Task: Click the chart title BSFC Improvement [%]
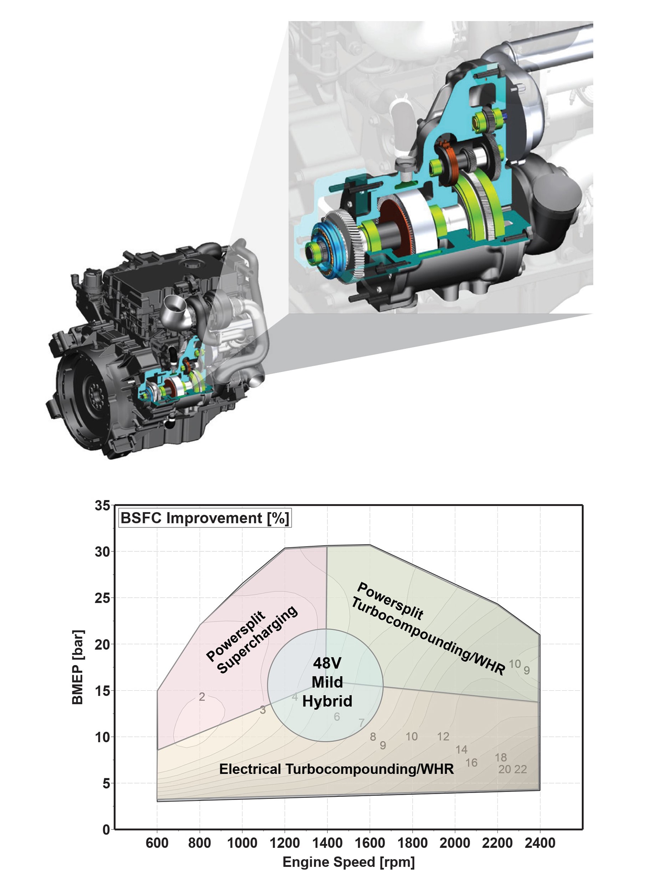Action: (205, 518)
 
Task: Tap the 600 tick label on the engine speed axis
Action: (157, 843)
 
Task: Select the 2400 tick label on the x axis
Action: (540, 843)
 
